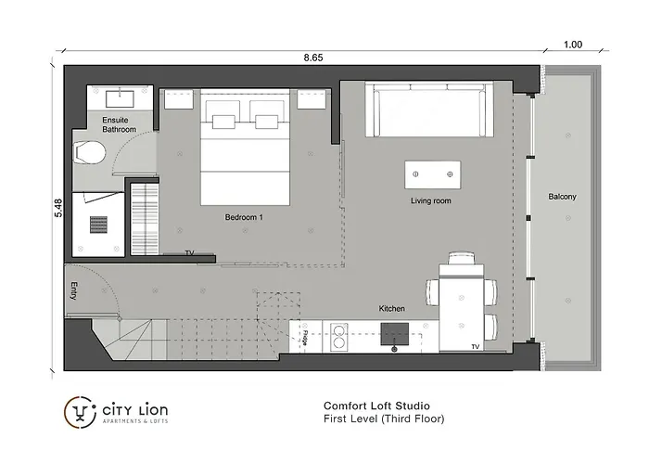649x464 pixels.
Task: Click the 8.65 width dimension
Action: pos(313,58)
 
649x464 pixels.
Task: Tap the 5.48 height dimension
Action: pos(58,209)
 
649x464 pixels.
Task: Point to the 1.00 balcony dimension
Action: pos(573,45)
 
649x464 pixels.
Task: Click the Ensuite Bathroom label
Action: pos(119,124)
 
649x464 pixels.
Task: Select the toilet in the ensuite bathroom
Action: pos(89,153)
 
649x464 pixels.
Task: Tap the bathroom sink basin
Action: pos(120,99)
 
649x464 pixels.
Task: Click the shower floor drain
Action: pos(98,226)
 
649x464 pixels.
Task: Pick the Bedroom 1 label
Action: pos(244,217)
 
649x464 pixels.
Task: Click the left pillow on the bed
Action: pos(223,122)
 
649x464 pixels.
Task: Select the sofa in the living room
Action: pos(429,110)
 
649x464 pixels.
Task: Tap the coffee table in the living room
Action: pos(433,174)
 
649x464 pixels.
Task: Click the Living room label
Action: pos(431,201)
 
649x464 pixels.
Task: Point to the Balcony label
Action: pos(562,197)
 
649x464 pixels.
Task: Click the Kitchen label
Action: pos(391,309)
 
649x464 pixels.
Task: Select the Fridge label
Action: pos(305,338)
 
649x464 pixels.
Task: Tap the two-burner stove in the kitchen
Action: pos(339,336)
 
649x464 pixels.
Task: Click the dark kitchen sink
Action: pos(395,334)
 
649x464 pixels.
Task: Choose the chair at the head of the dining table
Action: pos(462,258)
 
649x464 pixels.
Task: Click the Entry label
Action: pos(73,290)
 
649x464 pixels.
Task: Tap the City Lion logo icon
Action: pos(81,412)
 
